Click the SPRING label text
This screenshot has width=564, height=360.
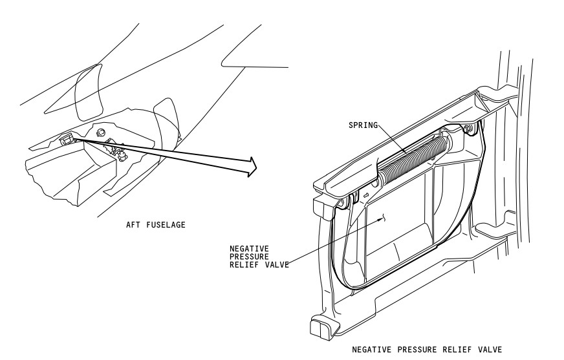363,125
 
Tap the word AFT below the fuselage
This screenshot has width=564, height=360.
133,225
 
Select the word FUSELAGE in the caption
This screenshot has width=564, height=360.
166,225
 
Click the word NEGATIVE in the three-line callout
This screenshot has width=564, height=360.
249,249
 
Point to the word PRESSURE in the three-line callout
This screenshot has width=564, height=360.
249,257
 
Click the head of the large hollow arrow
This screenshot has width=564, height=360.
252,167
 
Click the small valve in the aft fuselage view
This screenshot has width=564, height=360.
66,139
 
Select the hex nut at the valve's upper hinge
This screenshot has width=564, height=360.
468,129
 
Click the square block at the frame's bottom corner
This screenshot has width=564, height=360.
320,327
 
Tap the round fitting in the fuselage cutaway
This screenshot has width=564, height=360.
100,132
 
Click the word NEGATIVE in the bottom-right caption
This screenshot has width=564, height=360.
371,350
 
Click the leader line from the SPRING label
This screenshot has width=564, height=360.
393,140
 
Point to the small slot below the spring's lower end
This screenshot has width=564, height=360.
366,195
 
